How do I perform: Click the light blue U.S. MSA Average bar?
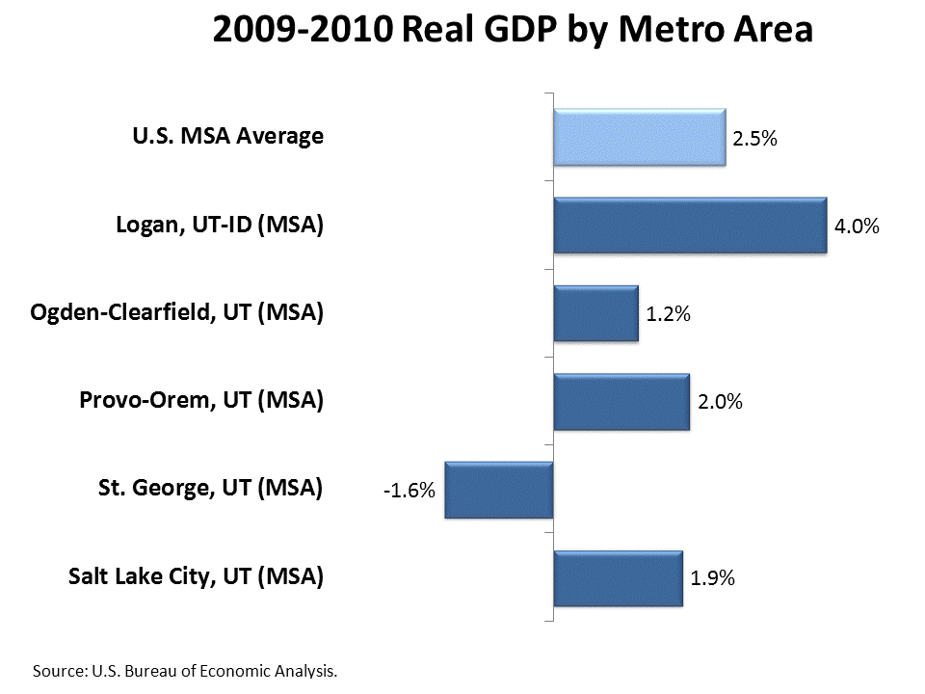[639, 137]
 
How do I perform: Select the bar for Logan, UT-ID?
[690, 226]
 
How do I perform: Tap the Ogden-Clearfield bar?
[595, 313]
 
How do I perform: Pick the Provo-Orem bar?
[621, 401]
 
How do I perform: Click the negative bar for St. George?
[499, 490]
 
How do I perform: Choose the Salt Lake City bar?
[618, 577]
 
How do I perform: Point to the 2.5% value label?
[754, 139]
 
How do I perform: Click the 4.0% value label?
[858, 227]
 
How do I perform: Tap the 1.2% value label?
[669, 315]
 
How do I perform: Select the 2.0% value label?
[720, 403]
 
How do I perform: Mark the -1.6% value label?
[409, 491]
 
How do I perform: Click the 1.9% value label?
[713, 579]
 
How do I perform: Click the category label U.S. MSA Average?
[227, 137]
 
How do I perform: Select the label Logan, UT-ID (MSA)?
[220, 226]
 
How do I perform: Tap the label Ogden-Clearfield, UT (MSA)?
[177, 313]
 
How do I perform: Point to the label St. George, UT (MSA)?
[210, 489]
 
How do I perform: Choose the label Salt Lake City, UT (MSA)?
[196, 577]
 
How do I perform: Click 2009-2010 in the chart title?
[301, 31]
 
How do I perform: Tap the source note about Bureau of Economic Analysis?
[186, 670]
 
